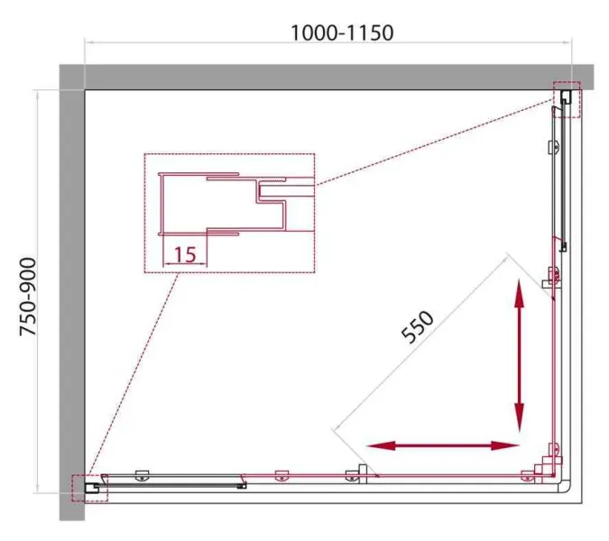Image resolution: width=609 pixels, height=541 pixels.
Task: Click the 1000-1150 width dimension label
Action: [x=342, y=32]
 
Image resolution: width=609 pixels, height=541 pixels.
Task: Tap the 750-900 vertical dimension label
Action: [x=28, y=296]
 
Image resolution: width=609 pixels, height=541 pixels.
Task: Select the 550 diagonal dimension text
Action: [x=417, y=327]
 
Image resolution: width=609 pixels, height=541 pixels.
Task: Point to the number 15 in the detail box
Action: [x=185, y=255]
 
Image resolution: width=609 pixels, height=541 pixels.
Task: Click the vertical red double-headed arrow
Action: [x=520, y=355]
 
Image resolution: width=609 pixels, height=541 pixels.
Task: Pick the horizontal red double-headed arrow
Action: [x=443, y=445]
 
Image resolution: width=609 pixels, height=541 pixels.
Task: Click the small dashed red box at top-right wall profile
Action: [x=567, y=99]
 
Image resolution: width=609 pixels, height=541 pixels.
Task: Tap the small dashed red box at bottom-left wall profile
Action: [x=89, y=488]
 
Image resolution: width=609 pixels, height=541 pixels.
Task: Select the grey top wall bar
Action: [x=327, y=77]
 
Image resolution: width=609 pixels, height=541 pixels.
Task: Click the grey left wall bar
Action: [x=72, y=305]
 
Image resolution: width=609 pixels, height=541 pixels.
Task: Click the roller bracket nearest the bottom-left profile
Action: [x=142, y=476]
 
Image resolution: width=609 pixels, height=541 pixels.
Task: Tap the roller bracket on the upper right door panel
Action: [x=554, y=147]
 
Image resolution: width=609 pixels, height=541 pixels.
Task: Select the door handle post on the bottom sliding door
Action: [x=363, y=473]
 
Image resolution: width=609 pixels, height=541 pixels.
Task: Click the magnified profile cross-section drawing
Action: [x=236, y=204]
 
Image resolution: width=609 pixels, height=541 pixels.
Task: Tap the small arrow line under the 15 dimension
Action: [x=185, y=264]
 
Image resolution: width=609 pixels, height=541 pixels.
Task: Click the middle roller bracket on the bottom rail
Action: [x=281, y=476]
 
